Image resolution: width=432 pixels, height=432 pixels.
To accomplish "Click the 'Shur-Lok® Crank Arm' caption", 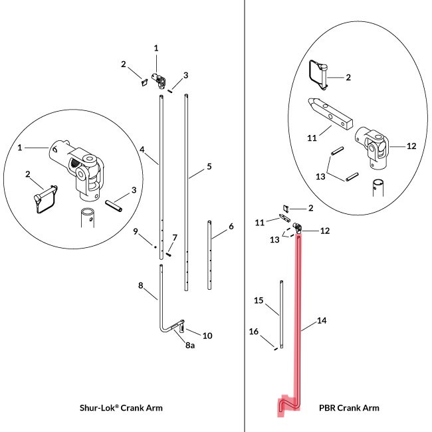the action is click(121, 408).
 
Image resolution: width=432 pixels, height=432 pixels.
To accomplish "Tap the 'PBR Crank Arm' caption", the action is click(349, 408).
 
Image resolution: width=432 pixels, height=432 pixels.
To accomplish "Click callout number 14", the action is click(322, 320).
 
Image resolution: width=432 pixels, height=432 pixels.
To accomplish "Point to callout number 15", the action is click(259, 300).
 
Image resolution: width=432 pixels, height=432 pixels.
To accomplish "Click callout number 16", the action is click(253, 332).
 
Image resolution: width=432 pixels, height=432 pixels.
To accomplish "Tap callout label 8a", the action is click(190, 345).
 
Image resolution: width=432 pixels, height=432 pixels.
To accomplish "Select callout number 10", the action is click(207, 336).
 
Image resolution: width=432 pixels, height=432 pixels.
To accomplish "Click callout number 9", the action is click(136, 231).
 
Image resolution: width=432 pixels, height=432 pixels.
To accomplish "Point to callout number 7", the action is click(175, 237).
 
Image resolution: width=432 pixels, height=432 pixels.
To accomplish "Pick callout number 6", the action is click(231, 227).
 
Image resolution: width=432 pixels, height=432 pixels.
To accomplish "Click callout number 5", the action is click(209, 166).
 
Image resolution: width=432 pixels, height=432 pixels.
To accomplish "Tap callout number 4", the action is click(142, 150).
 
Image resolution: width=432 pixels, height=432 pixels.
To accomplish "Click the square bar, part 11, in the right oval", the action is click(330, 114).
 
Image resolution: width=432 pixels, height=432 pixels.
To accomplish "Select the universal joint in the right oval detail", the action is click(372, 148).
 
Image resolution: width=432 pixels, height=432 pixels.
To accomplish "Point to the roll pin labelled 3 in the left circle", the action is click(114, 206).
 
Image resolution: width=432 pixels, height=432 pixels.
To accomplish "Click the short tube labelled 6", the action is click(209, 255).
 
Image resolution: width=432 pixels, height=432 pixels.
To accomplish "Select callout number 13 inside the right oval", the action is click(320, 176).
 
